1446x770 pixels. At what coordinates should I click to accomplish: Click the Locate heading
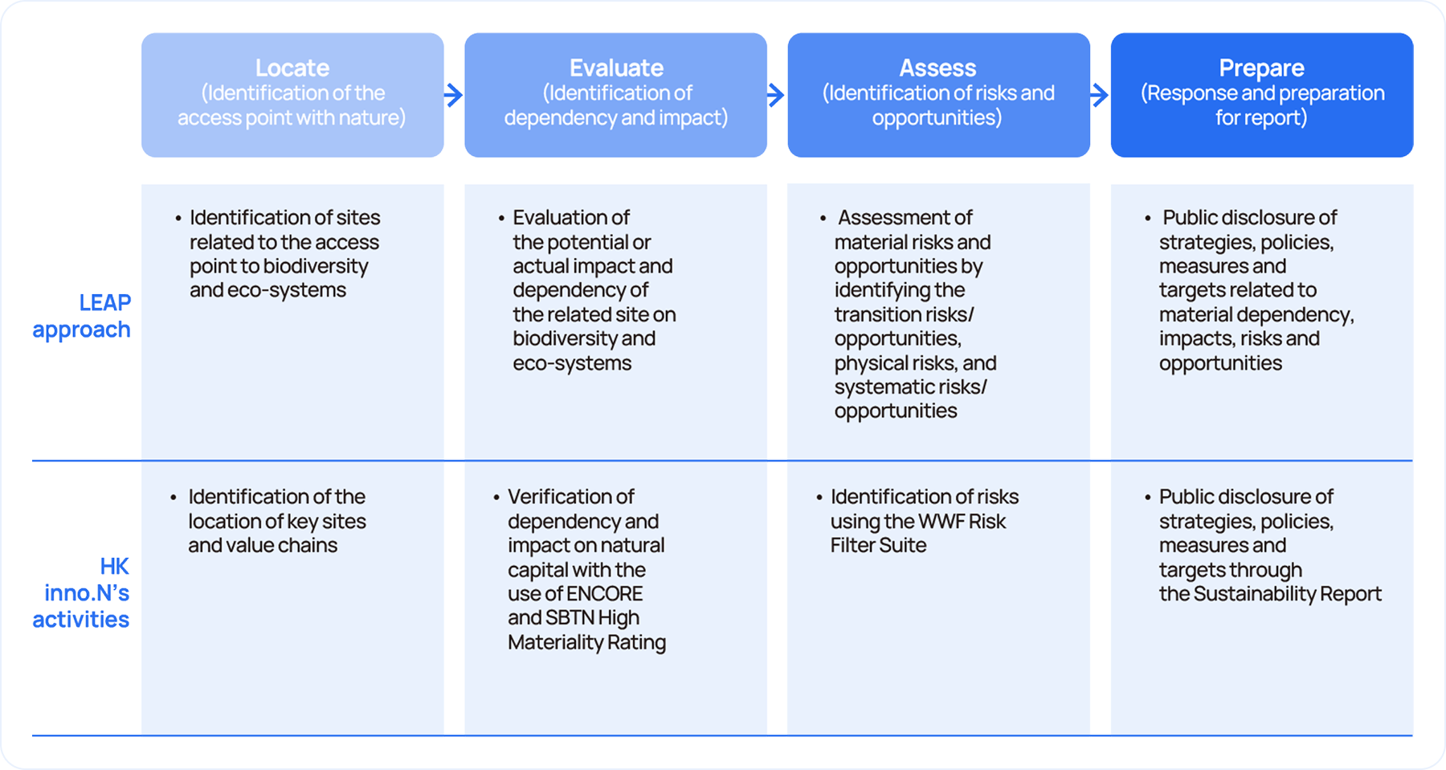292,68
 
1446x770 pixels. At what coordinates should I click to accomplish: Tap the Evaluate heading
616,68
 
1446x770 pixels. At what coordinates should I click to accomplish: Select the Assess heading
937,68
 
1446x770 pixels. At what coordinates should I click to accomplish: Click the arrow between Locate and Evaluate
454,95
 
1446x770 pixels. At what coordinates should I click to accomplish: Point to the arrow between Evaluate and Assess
776,95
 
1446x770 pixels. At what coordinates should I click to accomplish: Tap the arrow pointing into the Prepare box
1100,95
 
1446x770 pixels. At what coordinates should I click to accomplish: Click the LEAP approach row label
81,316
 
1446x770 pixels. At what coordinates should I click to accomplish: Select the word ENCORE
605,594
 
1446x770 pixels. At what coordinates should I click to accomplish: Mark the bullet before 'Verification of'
496,498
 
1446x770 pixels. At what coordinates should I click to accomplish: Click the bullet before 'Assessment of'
823,219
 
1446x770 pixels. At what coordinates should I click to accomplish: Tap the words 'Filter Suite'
879,546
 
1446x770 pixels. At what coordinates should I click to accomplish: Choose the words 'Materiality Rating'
587,643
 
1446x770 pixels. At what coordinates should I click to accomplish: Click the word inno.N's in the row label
87,593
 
